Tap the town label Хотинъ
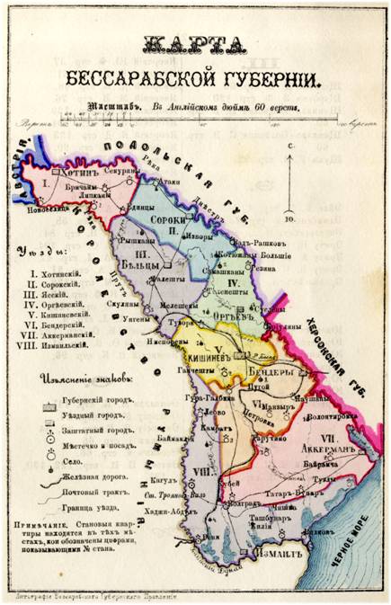(82, 167)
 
